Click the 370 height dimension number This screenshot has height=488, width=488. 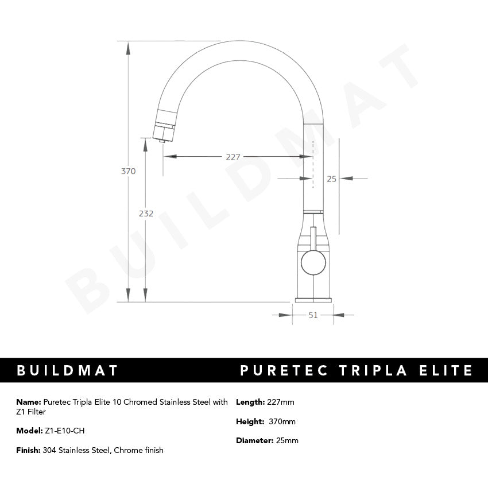(x=129, y=171)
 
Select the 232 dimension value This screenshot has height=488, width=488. (x=146, y=213)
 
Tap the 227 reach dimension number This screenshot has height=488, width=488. (x=233, y=157)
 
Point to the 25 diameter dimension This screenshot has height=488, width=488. (x=331, y=179)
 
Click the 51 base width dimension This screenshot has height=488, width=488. (x=313, y=315)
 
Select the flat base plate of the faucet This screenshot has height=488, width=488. (x=313, y=299)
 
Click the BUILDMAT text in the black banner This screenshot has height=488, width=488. (x=67, y=370)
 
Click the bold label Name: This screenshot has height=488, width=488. (x=29, y=402)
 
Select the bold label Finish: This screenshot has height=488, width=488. (x=29, y=450)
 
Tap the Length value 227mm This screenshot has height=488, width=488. (x=281, y=402)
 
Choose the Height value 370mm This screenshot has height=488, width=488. (x=282, y=421)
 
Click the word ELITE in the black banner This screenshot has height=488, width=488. (x=445, y=370)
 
